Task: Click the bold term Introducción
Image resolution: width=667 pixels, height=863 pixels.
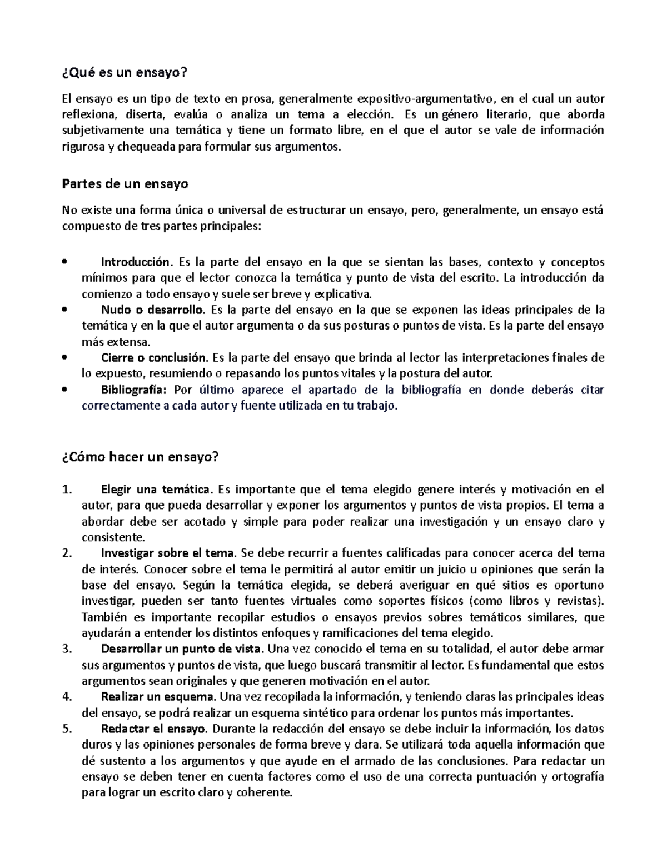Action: click(x=134, y=262)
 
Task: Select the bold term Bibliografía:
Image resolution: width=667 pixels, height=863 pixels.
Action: click(x=134, y=390)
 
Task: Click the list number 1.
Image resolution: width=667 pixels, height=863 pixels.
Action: click(x=67, y=490)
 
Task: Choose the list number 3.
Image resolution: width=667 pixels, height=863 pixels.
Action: click(x=67, y=649)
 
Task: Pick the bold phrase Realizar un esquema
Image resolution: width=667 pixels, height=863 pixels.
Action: click(x=158, y=697)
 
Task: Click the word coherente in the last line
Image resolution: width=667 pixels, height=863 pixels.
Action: click(x=263, y=793)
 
